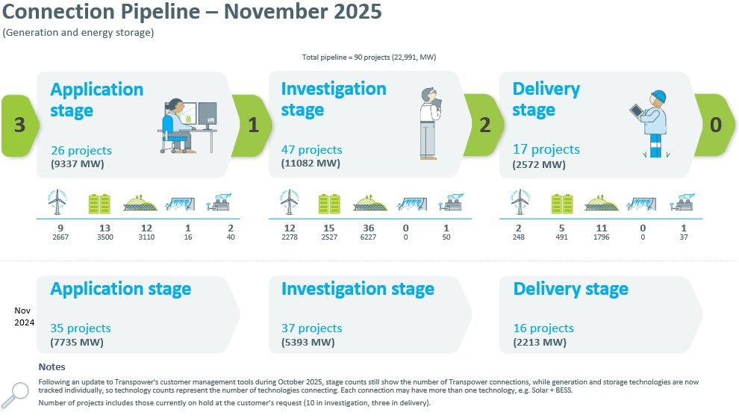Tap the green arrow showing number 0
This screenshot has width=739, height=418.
(715, 125)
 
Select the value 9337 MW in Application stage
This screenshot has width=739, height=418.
(78, 164)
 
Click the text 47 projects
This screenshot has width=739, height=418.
(311, 150)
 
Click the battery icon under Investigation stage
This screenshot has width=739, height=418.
(329, 204)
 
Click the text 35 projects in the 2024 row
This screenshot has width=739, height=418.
(81, 328)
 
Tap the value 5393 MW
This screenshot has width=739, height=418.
(308, 343)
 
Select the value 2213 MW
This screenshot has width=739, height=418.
(540, 343)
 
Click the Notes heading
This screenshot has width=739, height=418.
(52, 366)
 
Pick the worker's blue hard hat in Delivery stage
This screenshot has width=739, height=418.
(658, 97)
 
